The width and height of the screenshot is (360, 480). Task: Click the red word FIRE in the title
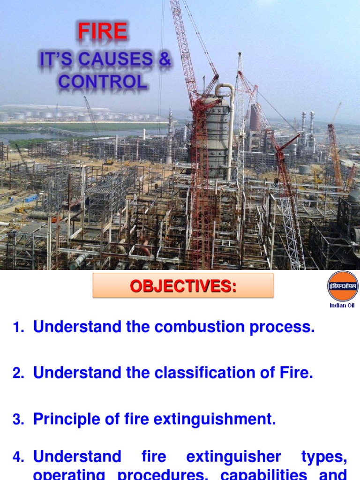(102, 32)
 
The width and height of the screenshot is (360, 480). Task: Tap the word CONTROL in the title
(102, 82)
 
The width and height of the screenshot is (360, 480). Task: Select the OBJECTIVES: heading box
(183, 285)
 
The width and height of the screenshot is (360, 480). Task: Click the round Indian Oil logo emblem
(343, 285)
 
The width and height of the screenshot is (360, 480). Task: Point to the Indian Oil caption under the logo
(343, 306)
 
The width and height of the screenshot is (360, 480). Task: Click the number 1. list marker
(18, 329)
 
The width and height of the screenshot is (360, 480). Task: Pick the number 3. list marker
(18, 420)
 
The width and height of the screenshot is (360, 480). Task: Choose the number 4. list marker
(18, 457)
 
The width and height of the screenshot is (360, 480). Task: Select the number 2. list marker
(18, 374)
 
